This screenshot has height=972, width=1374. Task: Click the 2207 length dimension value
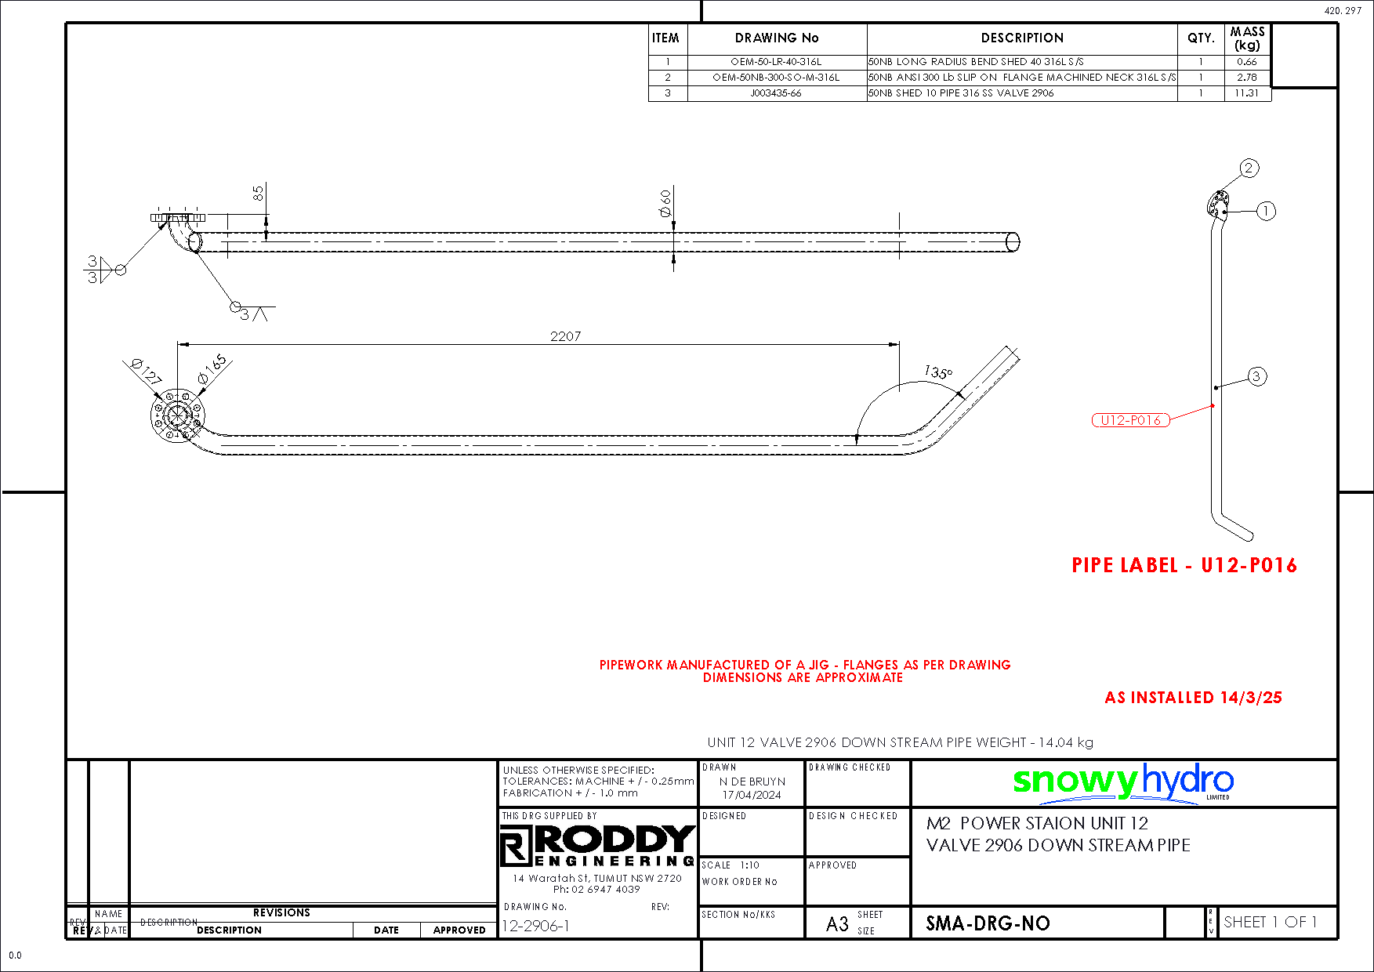(565, 336)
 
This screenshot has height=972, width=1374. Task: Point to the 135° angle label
(937, 372)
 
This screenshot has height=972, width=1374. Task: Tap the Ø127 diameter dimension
(146, 370)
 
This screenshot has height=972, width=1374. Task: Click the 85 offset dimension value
(258, 193)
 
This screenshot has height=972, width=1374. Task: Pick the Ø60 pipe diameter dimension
(665, 202)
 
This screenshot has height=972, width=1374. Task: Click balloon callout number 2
(1249, 168)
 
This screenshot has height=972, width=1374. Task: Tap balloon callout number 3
(1256, 376)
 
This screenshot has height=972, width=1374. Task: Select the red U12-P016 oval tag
(1130, 420)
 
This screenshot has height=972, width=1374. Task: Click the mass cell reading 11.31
(1246, 92)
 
